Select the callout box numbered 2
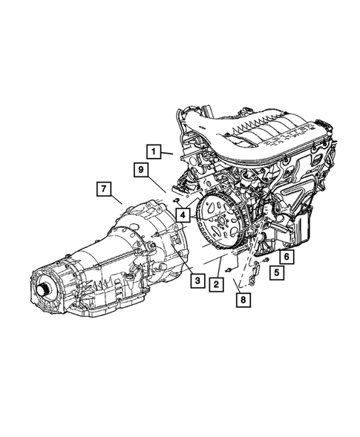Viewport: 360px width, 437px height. point(215,283)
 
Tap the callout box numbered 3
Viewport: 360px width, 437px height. point(196,280)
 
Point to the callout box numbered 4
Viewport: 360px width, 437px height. point(182,215)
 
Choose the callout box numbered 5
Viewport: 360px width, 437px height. point(275,273)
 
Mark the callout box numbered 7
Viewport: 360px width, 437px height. point(104,188)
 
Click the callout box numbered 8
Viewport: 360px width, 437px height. point(243,300)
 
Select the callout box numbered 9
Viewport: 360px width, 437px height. point(140,171)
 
